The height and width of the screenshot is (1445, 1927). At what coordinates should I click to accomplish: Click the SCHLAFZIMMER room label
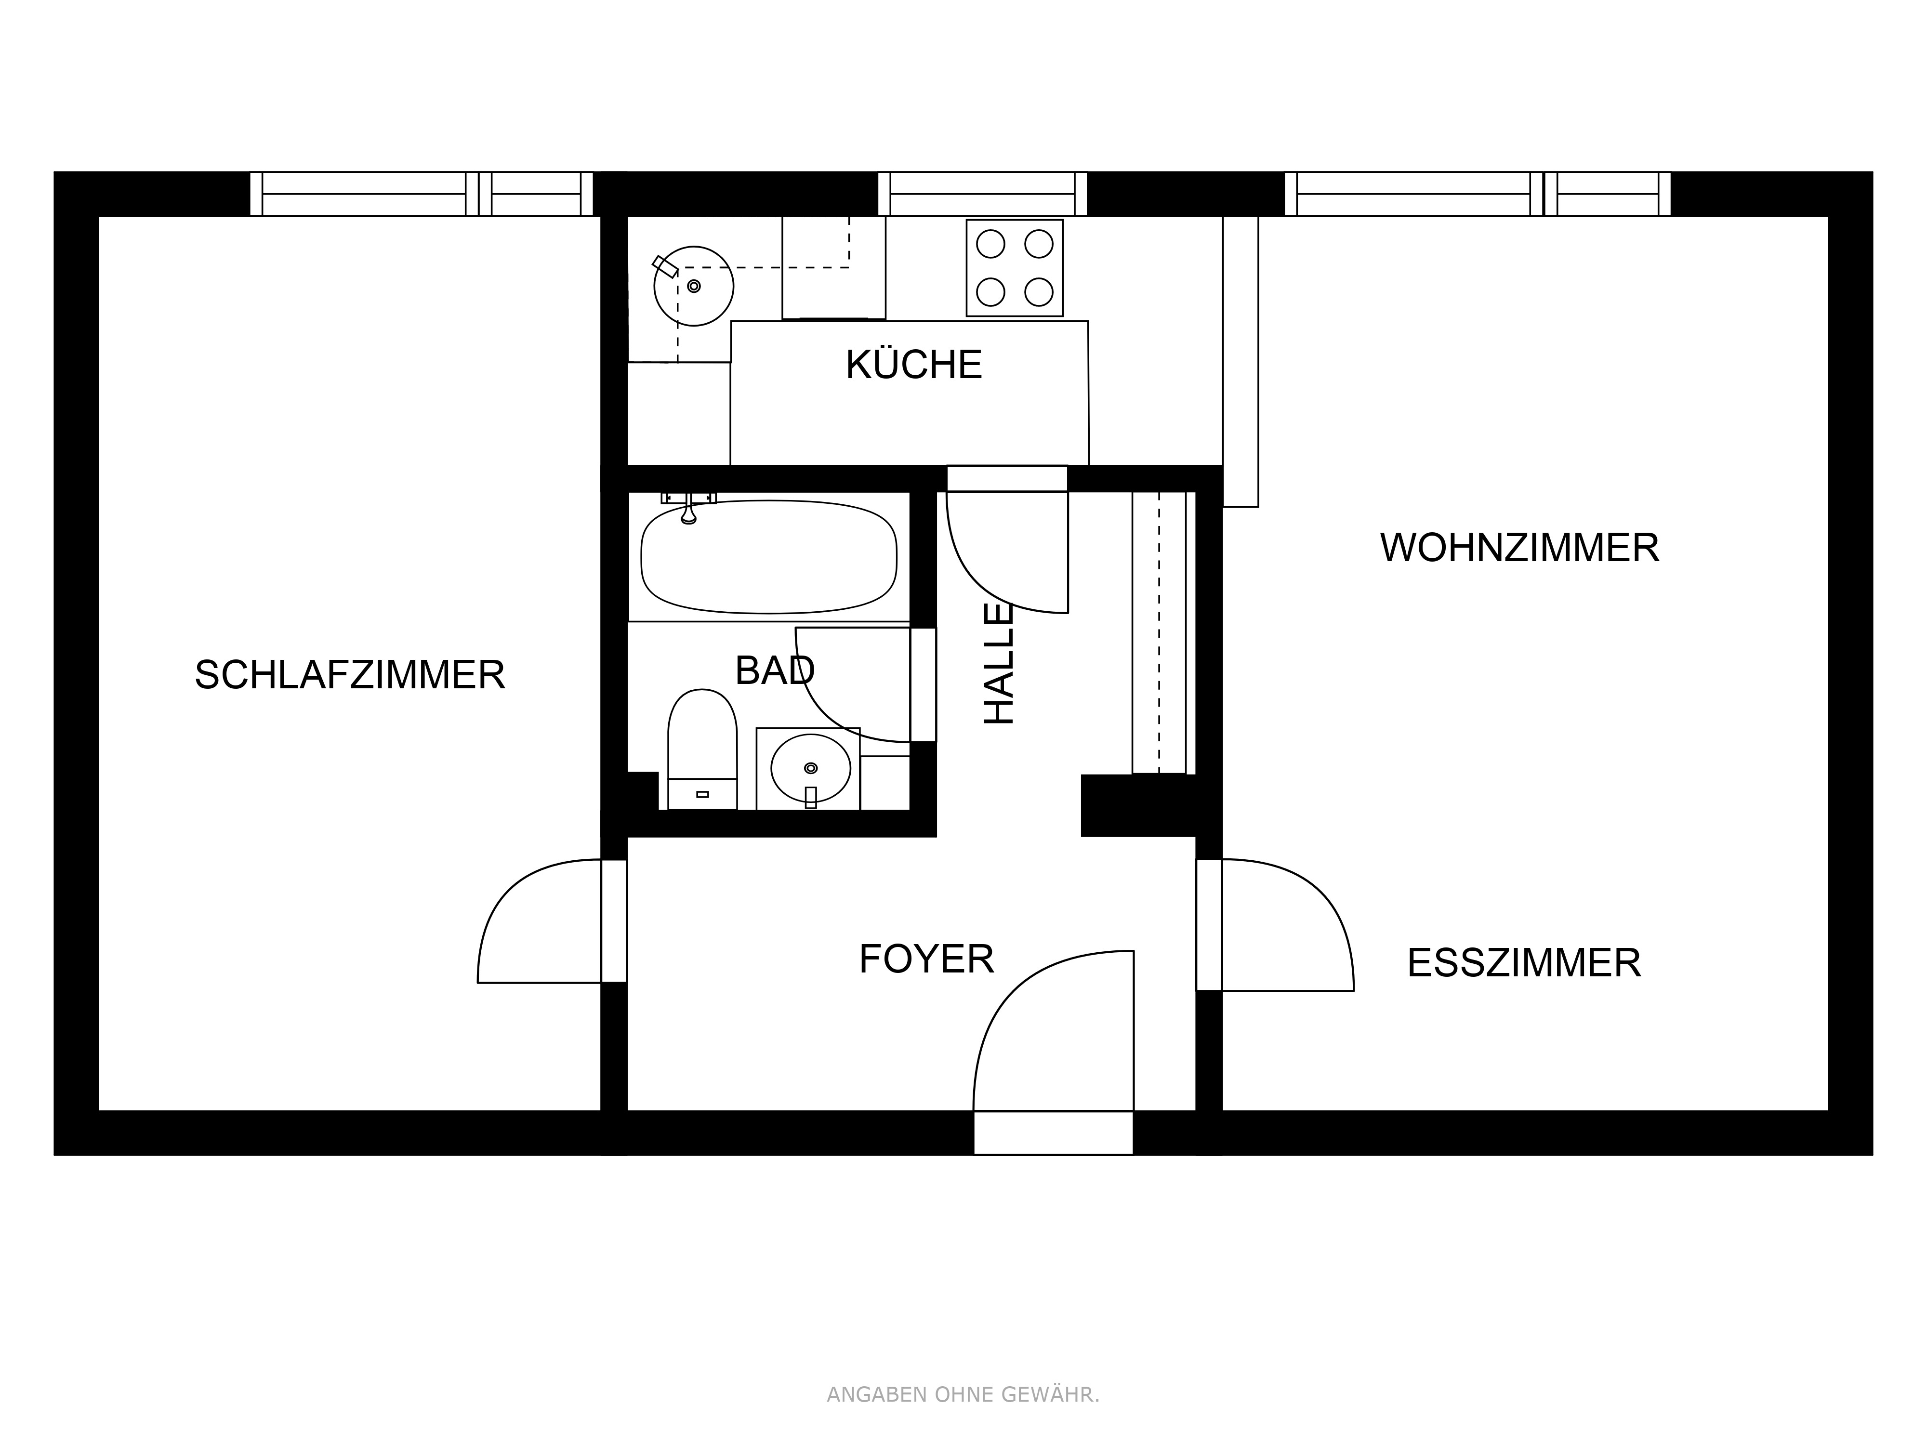pyautogui.click(x=349, y=675)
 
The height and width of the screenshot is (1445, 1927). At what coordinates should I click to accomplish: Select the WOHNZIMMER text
pyautogui.click(x=1519, y=548)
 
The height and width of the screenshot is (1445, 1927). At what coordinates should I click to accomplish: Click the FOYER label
pyautogui.click(x=926, y=959)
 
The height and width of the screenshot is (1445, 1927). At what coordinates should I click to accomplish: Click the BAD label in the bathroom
pyautogui.click(x=775, y=670)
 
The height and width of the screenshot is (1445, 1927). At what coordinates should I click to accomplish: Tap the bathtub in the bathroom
pyautogui.click(x=768, y=557)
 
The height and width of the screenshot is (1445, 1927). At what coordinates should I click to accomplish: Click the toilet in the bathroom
pyautogui.click(x=702, y=749)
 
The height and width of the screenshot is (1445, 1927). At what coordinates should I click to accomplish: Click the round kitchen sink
pyautogui.click(x=693, y=286)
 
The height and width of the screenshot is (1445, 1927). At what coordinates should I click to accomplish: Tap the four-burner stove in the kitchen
pyautogui.click(x=1014, y=267)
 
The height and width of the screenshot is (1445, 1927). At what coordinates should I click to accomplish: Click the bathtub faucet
pyautogui.click(x=688, y=510)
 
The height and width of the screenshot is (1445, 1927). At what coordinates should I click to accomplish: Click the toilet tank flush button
pyautogui.click(x=702, y=794)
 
